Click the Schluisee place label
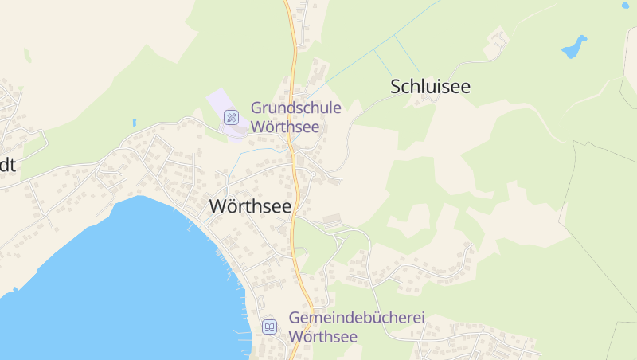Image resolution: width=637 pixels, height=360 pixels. (x=430, y=87)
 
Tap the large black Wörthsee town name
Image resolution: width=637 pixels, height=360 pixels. (x=250, y=205)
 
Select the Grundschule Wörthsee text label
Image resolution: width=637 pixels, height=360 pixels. (x=296, y=117)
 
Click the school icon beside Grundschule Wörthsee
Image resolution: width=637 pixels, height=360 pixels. (x=231, y=117)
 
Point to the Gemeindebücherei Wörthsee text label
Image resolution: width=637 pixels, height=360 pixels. (x=357, y=327)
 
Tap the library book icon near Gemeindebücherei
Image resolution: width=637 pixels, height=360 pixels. (x=269, y=327)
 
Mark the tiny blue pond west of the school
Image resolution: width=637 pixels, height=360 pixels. (x=135, y=123)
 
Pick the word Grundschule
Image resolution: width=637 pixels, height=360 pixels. (x=296, y=108)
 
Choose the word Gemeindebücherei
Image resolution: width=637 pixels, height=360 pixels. (x=357, y=318)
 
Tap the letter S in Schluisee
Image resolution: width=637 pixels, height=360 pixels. (x=396, y=87)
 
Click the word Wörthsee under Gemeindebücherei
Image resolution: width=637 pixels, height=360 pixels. (x=322, y=336)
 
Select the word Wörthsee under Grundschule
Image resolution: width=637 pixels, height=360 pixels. (x=285, y=127)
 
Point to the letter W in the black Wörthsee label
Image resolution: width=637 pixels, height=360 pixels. (x=218, y=205)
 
